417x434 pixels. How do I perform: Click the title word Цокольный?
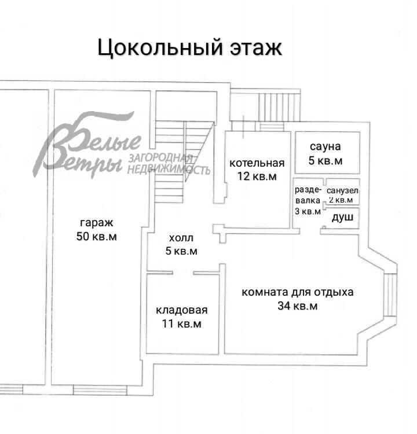156,47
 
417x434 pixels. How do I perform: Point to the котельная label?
257,162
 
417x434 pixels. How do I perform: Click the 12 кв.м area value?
257,176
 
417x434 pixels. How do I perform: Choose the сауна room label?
325,146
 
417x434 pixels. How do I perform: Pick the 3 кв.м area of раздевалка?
308,211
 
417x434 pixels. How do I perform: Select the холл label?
181,238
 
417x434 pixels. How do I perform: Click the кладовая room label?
181,310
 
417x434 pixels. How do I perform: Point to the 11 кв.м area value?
181,324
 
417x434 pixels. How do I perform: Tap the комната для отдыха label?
297,292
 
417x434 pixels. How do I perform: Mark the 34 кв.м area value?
297,306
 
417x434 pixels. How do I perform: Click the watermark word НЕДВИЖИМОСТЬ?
169,170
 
